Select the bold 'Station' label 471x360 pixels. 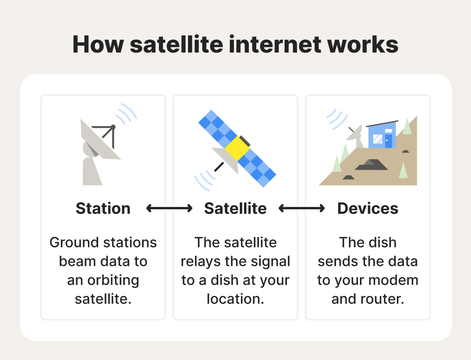pos(103,208)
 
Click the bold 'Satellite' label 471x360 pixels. pos(235,208)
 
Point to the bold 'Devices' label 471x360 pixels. pos(368,208)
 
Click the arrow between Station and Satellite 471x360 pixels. pos(169,208)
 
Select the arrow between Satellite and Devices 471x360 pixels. pos(301,208)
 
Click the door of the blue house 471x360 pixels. pos(388,140)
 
